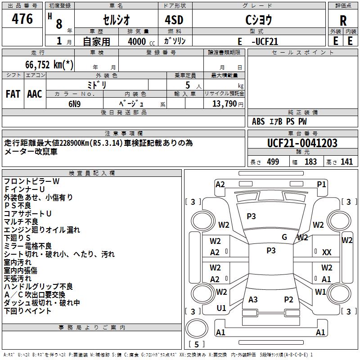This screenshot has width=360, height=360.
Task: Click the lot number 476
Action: [22, 18]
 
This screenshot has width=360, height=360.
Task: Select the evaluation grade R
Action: [343, 21]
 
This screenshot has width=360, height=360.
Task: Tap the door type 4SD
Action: [174, 20]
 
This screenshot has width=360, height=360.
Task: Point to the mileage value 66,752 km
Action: [49, 64]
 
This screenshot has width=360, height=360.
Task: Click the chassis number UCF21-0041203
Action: [302, 143]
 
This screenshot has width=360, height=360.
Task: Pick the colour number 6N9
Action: [75, 104]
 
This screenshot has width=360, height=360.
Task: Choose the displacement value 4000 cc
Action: [141, 41]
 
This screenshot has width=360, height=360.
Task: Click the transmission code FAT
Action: [13, 94]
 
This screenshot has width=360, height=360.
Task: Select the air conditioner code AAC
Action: [35, 94]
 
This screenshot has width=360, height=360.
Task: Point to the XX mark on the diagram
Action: [327, 252]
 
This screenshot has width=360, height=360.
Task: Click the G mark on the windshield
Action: [284, 237]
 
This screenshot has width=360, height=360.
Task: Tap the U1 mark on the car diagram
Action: [221, 308]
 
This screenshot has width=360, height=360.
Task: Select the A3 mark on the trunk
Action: [253, 299]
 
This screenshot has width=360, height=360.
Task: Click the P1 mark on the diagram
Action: [321, 184]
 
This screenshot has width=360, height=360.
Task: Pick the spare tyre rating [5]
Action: [196, 344]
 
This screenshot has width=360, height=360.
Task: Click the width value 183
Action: [310, 162]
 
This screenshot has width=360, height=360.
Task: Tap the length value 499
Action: [273, 162]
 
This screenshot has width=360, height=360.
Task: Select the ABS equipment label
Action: [258, 121]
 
